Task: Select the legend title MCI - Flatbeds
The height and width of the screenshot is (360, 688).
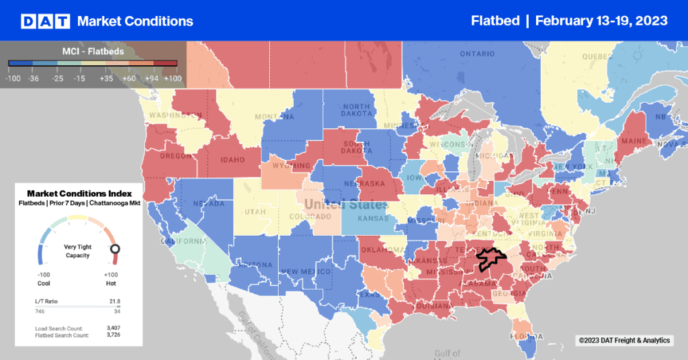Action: (x=93, y=51)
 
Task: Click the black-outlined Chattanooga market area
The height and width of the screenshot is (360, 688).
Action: (x=490, y=257)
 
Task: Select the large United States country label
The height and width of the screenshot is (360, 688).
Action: (x=345, y=204)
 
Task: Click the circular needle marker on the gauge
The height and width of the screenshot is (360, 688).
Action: (x=115, y=249)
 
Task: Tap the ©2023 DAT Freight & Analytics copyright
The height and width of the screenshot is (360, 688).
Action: (x=624, y=341)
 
